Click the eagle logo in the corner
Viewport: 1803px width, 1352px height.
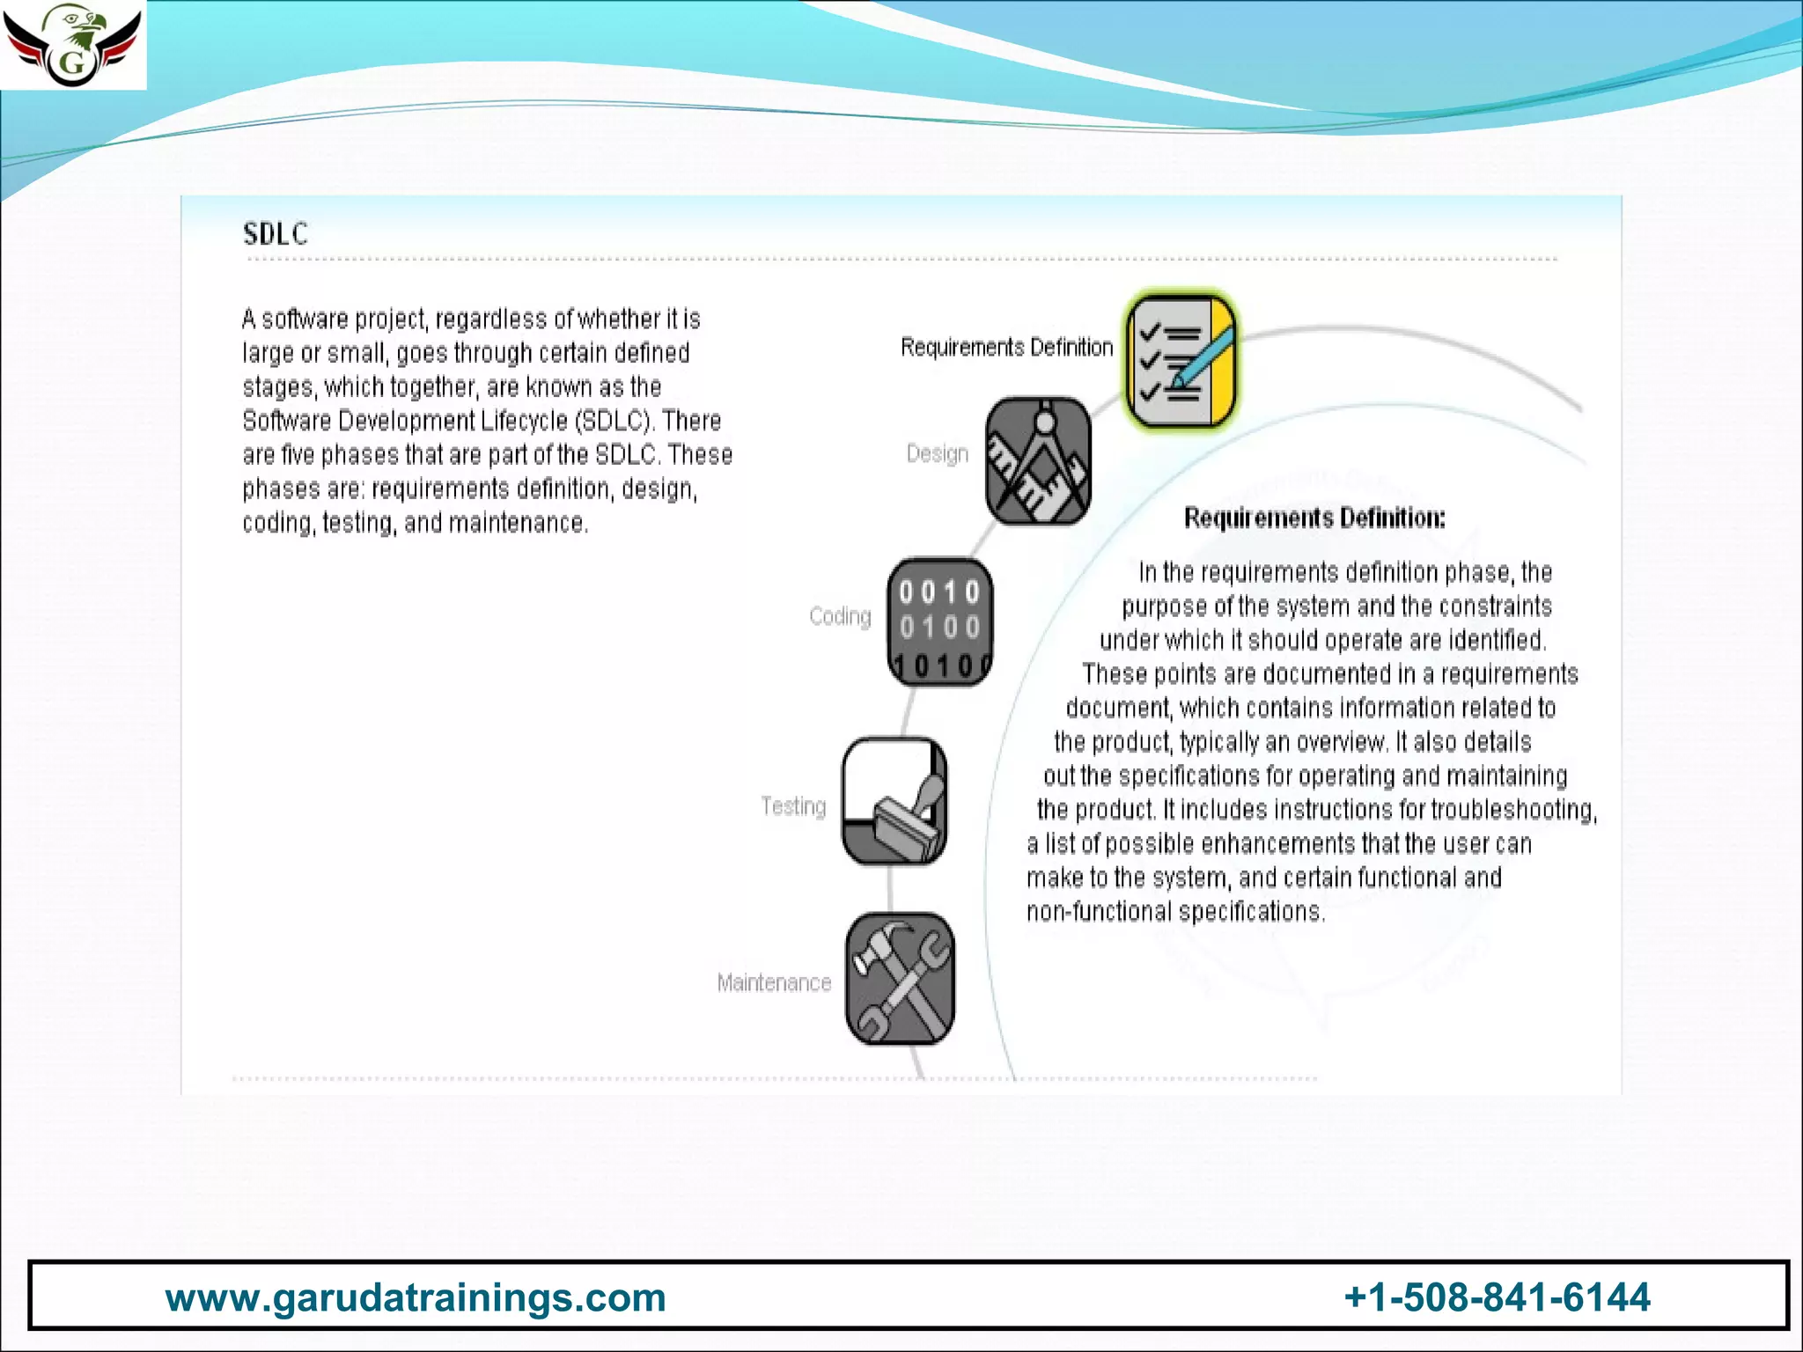click(72, 44)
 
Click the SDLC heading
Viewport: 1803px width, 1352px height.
click(276, 234)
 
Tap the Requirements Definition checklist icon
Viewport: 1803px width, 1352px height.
click(1181, 362)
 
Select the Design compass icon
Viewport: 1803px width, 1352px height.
click(1038, 461)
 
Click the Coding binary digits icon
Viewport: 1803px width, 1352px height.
click(939, 622)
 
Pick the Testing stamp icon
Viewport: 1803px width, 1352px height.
click(894, 802)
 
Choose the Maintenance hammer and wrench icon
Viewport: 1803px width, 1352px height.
click(900, 979)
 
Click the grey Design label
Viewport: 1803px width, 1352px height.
click(938, 454)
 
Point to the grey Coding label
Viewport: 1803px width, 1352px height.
click(840, 616)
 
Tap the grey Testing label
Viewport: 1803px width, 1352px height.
click(793, 806)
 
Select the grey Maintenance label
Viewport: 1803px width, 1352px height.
click(774, 982)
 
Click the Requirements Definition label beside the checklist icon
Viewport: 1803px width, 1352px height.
click(1006, 348)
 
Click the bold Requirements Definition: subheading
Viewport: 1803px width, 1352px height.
click(1314, 518)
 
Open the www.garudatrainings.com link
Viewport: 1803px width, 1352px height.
click(416, 1297)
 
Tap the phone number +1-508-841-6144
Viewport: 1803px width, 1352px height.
click(1497, 1297)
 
